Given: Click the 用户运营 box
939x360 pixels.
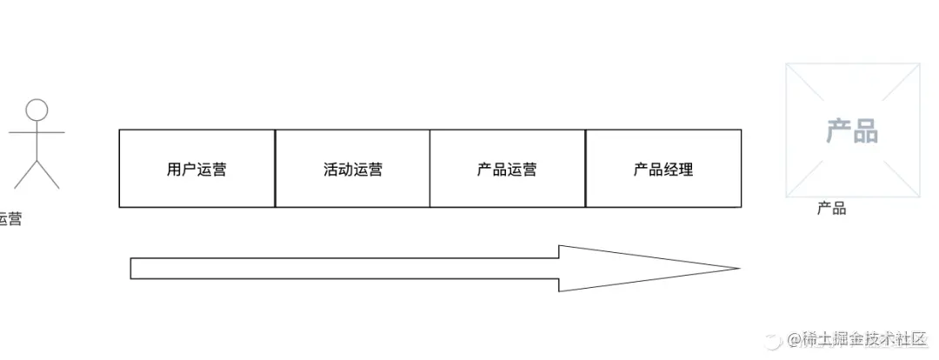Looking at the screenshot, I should [196, 169].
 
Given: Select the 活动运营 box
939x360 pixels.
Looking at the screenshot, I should [352, 169].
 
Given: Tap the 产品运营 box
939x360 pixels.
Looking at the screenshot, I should [508, 169].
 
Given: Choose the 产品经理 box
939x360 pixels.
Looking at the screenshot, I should [663, 169].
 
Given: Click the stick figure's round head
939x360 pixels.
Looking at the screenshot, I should [37, 110].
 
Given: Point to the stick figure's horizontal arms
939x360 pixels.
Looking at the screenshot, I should [37, 133].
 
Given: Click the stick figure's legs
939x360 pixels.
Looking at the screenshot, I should [37, 174].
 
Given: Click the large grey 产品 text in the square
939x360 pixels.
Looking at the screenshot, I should [852, 131].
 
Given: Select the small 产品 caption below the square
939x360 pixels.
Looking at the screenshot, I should [831, 209].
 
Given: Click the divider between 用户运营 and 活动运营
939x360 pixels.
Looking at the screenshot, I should [275, 169].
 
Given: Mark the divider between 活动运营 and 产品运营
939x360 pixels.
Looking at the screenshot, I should [430, 169].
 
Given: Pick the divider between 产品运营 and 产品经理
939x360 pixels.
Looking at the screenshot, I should [585, 169].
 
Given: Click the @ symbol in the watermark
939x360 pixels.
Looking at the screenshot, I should [793, 339].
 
